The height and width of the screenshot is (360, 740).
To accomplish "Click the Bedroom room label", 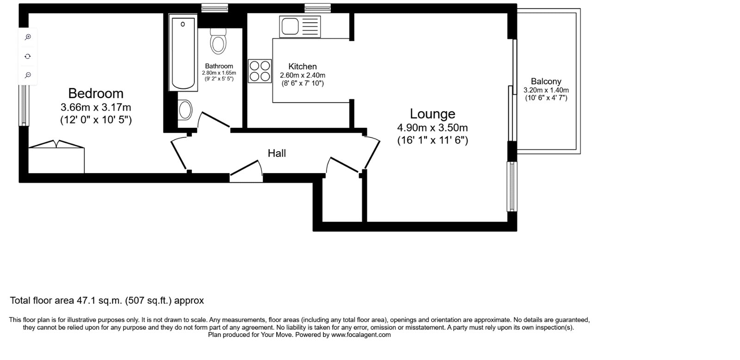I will click(96, 93).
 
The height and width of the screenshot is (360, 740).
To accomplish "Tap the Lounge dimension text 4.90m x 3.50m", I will click(432, 128).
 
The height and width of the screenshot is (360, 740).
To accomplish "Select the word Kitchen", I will click(302, 67).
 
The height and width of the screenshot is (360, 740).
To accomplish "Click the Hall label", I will click(277, 153).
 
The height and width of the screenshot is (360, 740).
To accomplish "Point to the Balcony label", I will click(546, 81).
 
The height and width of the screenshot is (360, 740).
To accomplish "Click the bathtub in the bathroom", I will click(183, 53).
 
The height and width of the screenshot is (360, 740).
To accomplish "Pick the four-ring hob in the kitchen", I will click(260, 71).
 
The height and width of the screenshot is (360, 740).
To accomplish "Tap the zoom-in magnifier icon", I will click(28, 37).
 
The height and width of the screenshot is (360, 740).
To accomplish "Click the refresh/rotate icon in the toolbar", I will click(28, 56).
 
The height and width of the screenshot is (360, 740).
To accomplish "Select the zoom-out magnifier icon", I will click(28, 75).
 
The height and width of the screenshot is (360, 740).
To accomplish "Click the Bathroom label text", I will click(219, 66).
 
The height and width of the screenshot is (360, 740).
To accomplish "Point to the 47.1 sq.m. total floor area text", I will click(107, 301).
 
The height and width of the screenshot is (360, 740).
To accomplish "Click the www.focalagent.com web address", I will click(361, 335).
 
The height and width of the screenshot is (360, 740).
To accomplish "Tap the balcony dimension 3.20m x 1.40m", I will click(546, 90).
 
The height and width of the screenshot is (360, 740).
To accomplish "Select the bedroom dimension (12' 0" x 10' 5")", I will click(96, 120).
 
